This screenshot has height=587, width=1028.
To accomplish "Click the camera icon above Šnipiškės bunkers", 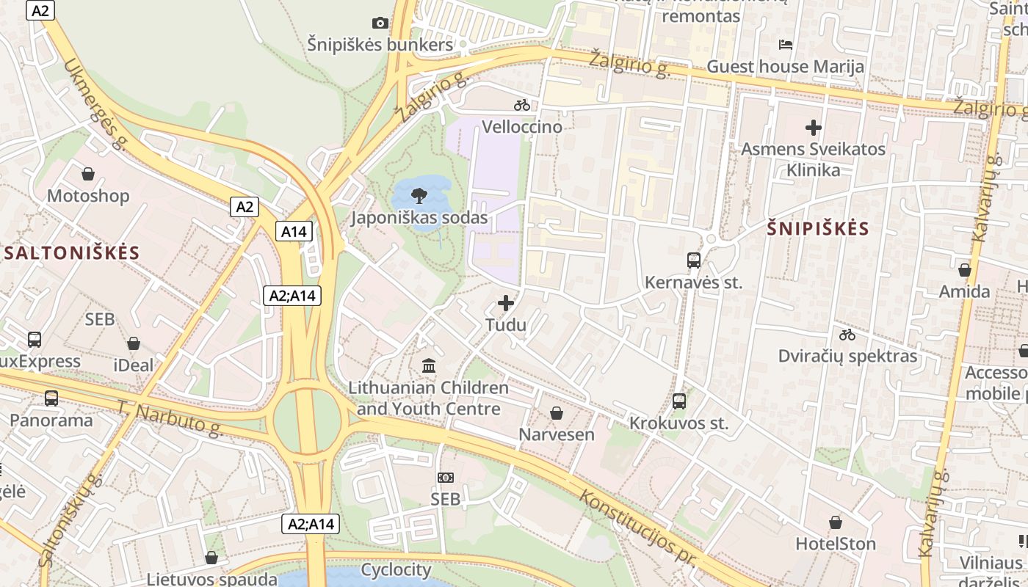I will (380, 23).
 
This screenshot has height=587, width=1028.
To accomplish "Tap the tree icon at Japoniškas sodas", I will (419, 196).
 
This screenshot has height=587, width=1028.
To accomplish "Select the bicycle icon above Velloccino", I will (522, 105).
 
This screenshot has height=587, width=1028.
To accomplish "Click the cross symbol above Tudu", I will (506, 302).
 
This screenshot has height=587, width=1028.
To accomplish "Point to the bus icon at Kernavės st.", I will (694, 260).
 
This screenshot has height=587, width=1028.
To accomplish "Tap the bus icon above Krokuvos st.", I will (679, 401).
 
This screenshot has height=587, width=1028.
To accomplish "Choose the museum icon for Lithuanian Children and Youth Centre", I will (429, 365).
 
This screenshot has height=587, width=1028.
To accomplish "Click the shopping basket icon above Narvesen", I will (557, 413).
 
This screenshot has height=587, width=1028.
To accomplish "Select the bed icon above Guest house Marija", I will (786, 45).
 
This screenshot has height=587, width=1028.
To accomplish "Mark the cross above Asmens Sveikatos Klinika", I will (813, 128).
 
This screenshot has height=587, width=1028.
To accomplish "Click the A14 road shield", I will (294, 232).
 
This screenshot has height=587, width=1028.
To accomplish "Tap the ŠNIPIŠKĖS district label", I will (818, 229).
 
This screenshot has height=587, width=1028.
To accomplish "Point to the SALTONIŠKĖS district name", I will (72, 253).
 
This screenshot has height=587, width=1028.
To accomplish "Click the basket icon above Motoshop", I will (88, 174).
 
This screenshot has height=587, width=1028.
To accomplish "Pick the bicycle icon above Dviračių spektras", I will (847, 335).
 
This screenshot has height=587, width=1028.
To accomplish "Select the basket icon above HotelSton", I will (836, 522).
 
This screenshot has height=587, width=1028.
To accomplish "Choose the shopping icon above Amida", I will (965, 270).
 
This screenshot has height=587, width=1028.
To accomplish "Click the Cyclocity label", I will (396, 569).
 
